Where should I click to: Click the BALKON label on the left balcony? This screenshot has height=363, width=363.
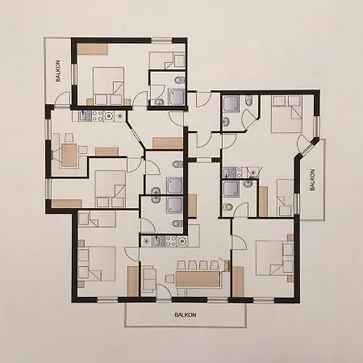coord(58,71)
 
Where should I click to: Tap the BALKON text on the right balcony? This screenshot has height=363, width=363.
coord(312,180)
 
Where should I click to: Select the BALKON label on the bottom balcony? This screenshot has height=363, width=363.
coord(186,315)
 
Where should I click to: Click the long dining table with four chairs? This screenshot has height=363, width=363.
coord(198,279)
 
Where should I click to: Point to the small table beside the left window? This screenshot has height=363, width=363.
coord(69,156)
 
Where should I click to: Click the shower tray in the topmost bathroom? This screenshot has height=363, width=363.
coord(177,97)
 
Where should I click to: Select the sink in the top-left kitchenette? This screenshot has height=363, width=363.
coord(83,115)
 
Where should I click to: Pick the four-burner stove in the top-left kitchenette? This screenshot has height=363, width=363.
coord(97,116)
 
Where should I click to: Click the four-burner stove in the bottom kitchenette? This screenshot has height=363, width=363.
coord(171,241)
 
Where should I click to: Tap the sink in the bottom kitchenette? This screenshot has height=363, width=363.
coord(157,241)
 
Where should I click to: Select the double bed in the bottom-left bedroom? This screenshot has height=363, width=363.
coord(97,264)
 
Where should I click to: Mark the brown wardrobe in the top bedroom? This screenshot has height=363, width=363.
coord(93,49)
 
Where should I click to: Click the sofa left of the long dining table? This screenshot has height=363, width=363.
coord(148,279)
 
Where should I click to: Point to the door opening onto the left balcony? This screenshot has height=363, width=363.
coord(63,98)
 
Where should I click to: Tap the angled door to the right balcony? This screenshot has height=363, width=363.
coord(304,147)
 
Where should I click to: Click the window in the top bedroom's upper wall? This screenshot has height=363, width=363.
coord(161,40)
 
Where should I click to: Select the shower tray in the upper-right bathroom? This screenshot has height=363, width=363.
coord(232,104)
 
